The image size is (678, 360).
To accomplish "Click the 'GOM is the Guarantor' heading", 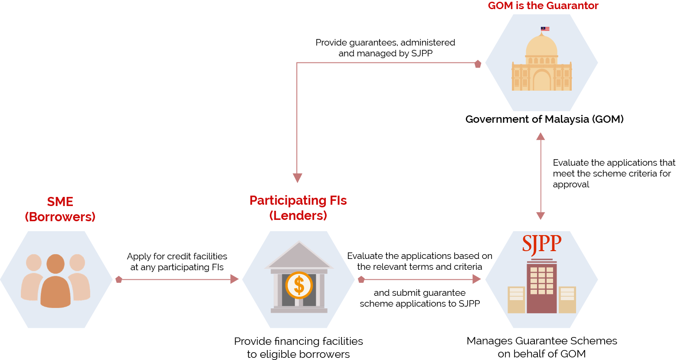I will point(543,6).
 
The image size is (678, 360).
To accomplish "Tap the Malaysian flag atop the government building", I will point(545,29).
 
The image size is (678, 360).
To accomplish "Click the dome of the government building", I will point(541,46).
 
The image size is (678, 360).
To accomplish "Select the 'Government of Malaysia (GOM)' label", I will point(544,119).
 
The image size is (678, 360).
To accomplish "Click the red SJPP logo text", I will point(541,244).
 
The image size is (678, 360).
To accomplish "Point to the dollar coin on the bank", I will point(299,285).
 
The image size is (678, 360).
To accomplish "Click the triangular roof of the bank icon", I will point(298,256).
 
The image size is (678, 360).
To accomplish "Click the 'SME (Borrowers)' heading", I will point(60,209).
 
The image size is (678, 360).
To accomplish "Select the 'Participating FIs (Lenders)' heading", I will point(298,208).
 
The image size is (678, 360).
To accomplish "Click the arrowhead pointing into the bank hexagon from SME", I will point(235,279).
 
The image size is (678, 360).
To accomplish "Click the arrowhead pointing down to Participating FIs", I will point(297,178).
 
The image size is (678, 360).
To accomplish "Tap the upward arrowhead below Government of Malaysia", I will point(540,136).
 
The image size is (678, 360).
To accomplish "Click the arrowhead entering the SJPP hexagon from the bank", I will point(477,279).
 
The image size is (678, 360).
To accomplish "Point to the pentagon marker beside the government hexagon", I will point(478,64).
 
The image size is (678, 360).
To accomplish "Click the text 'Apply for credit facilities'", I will point(177,256).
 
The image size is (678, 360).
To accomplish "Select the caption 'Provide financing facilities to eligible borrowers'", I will point(298,347).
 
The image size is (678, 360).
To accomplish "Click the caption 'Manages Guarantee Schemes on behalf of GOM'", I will point(542,347).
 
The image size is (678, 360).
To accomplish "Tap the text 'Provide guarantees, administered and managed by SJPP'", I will point(385,48).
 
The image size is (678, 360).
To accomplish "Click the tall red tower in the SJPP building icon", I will point(541,286).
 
